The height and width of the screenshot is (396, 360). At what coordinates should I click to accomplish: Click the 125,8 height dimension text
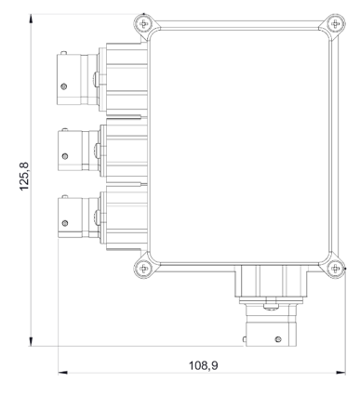tap(24, 177)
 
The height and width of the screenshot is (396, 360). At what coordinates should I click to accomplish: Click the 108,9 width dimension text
tap(204, 365)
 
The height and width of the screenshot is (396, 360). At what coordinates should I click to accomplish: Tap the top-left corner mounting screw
tap(144, 23)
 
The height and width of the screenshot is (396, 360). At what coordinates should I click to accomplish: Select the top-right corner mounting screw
tap(336, 23)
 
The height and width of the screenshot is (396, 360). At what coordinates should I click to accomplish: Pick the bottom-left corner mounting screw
tap(144, 268)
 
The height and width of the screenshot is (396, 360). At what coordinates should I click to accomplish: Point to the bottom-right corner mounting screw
tap(336, 268)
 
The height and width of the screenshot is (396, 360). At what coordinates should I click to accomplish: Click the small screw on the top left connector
tap(64, 86)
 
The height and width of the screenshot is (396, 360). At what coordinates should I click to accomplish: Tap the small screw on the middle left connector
tap(65, 156)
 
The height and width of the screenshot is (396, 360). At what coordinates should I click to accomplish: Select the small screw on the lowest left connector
tap(65, 223)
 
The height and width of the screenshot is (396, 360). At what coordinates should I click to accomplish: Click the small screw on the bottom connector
tap(278, 339)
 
